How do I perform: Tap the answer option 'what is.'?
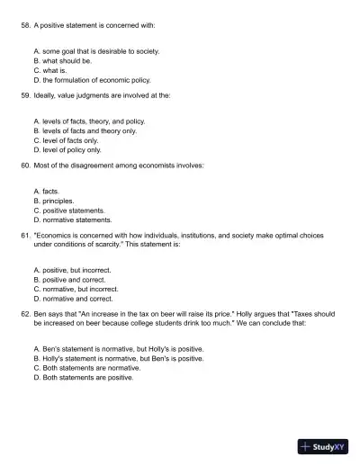pyautogui.click(x=59, y=69)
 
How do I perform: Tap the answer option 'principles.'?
pyautogui.click(x=58, y=201)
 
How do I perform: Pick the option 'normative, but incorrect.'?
pyautogui.click(x=80, y=289)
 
